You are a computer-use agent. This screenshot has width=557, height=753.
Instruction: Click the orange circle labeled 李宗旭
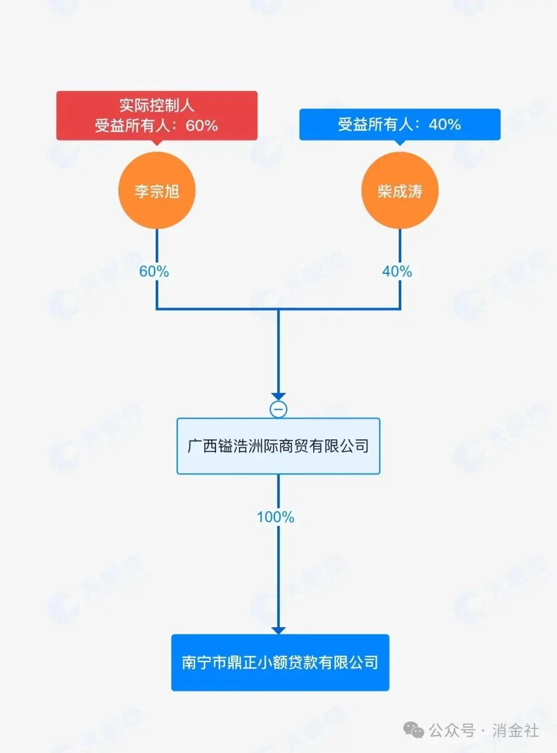click(157, 191)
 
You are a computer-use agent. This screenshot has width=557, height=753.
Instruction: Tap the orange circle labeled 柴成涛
click(400, 191)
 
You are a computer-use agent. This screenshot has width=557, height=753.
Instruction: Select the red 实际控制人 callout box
click(157, 116)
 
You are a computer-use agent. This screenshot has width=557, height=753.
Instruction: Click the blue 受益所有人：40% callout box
click(400, 124)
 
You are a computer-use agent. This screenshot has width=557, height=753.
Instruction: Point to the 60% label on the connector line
click(154, 271)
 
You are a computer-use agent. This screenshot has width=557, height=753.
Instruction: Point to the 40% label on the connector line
click(397, 271)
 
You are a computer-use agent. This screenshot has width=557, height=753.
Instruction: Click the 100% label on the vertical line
click(276, 517)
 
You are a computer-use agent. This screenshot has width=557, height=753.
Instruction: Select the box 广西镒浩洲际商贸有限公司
click(278, 446)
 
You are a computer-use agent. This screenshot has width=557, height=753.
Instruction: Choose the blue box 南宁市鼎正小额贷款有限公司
click(280, 662)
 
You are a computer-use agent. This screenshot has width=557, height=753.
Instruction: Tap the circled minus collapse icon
click(278, 410)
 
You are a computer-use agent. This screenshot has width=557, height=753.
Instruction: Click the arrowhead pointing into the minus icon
click(278, 397)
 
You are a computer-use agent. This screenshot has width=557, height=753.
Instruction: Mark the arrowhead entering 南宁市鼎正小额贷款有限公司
click(278, 630)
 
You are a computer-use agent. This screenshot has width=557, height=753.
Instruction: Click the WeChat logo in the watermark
click(414, 730)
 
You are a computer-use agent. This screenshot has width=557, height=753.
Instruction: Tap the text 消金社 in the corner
click(515, 730)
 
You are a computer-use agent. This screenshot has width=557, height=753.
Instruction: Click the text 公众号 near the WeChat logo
click(452, 730)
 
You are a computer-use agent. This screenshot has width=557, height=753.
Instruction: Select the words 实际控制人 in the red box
click(157, 106)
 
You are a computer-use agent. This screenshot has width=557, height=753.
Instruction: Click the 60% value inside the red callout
click(202, 125)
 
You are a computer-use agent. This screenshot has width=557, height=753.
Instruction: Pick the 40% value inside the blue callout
click(445, 124)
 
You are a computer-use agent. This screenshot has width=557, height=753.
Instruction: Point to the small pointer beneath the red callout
click(157, 142)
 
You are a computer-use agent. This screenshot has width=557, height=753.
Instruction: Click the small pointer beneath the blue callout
click(400, 142)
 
